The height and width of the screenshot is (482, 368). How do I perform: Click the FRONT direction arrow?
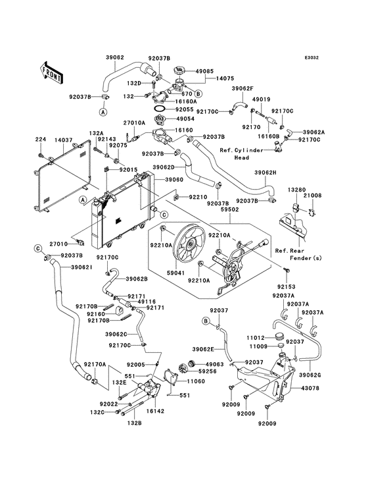point(51,73)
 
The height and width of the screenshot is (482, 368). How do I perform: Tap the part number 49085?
point(204,71)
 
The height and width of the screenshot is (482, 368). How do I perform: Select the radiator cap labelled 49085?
point(179,70)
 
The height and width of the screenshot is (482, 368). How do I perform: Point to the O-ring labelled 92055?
point(160,109)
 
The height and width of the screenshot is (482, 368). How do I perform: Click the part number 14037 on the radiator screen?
point(64,140)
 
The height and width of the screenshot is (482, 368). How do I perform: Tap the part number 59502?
point(230,209)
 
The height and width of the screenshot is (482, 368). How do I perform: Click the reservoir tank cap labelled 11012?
point(279,336)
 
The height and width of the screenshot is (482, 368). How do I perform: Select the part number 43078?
point(310,388)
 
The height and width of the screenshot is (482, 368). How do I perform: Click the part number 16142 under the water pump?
point(155,411)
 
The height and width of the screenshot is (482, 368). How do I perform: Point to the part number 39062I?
point(82,267)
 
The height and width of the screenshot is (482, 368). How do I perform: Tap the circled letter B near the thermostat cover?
point(198,93)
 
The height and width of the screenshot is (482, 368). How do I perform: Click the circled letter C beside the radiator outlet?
point(164,214)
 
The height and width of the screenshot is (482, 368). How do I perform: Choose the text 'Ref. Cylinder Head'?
point(242,154)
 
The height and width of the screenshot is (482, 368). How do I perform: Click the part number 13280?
point(296,190)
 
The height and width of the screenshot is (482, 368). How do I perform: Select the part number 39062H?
point(265,173)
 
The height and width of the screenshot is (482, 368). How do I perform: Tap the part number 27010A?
point(134,123)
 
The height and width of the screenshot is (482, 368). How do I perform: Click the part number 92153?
point(287,287)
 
